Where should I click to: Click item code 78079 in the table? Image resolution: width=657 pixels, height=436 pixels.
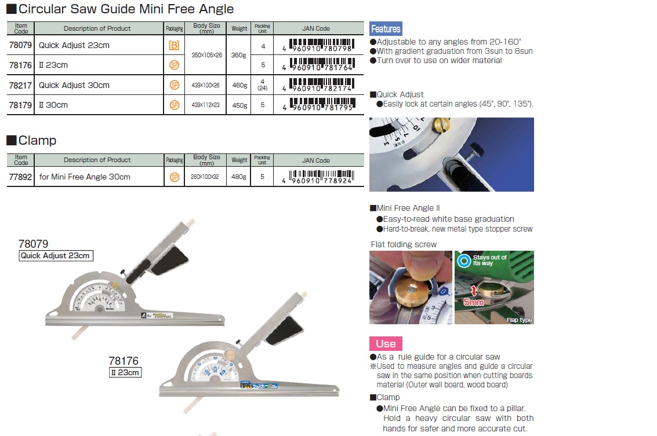pos(21,45)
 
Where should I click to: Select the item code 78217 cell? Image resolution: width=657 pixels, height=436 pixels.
pos(21,85)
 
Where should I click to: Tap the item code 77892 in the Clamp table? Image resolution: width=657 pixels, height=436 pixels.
pos(21,177)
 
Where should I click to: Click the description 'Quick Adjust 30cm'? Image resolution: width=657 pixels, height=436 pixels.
pos(74,85)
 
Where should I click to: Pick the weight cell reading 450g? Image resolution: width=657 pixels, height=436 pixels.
pos(239,105)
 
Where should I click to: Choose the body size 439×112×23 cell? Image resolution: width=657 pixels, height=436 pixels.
pos(207,105)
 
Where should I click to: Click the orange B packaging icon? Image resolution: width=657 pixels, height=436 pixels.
pos(174,45)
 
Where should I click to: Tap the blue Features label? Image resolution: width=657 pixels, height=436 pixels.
pos(386,29)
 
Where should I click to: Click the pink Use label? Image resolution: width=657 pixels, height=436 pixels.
pos(386,344)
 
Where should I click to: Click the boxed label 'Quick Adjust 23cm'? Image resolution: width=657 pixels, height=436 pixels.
pos(56,255)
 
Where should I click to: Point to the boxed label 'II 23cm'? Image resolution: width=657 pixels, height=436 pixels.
pos(125,372)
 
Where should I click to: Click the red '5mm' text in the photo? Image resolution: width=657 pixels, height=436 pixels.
pos(474,302)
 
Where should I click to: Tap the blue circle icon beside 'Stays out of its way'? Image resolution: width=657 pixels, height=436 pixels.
pos(464,260)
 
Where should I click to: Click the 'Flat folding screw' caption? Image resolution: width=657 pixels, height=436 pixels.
pos(404,244)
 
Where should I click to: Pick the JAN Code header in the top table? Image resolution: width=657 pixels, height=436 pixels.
pos(316,28)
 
